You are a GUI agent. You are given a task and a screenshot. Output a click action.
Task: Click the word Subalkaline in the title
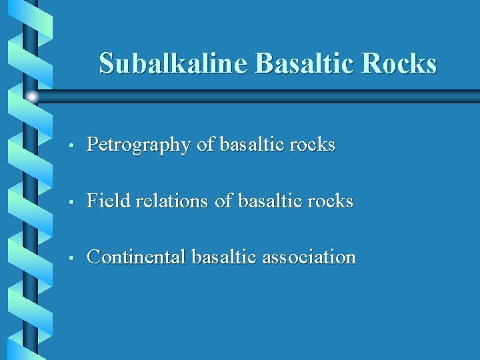coord(173,63)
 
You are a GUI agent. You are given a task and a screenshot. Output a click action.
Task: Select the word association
coord(309,257)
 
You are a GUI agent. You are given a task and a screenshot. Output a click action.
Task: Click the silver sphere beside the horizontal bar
coord(32,97)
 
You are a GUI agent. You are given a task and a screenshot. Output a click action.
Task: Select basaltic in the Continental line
coord(225,257)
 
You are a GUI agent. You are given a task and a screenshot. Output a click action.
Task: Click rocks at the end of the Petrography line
coord(313,145)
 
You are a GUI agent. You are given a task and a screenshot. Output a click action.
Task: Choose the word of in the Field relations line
coord(223,201)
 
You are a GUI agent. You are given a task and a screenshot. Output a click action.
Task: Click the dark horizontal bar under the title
coord(267,97)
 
